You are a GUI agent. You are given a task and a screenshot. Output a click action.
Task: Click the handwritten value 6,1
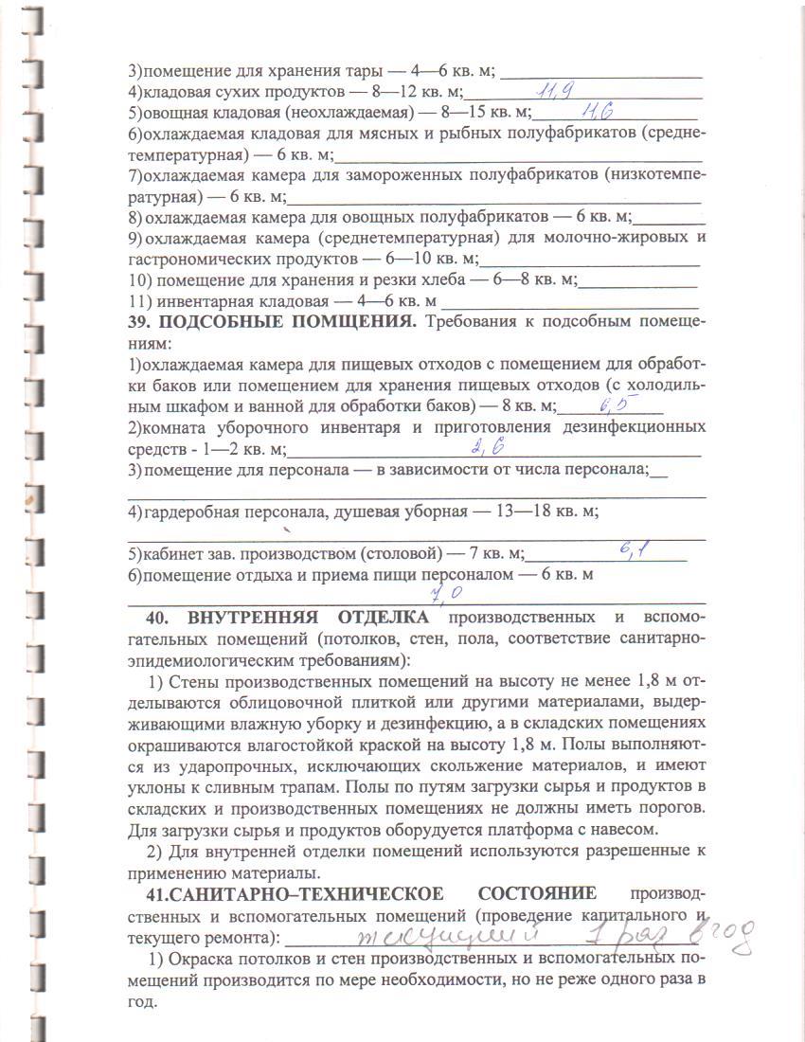(x=633, y=549)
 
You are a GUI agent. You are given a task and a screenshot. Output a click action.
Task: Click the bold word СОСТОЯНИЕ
(x=537, y=893)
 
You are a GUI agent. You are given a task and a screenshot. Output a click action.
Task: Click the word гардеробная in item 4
(x=189, y=512)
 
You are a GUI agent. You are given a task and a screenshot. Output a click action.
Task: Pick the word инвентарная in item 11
(x=206, y=302)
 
